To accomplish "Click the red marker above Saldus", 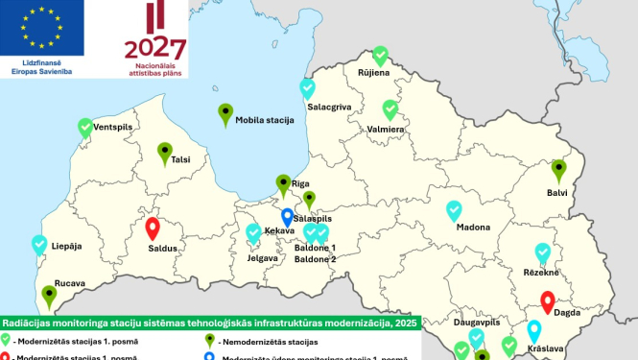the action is [x=153, y=229].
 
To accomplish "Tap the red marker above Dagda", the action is [x=548, y=302].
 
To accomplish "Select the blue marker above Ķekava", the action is [x=287, y=218].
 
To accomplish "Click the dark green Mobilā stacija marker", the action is [x=225, y=114].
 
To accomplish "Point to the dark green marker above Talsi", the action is [x=165, y=153].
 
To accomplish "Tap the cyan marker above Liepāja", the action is [x=39, y=245].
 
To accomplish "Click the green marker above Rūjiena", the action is [x=380, y=56].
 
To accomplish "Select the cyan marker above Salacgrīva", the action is [x=307, y=89].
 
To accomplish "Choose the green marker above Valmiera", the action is [x=390, y=110].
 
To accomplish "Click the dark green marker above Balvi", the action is [x=558, y=171].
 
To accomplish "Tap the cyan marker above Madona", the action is [x=454, y=210].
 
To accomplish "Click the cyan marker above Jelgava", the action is [x=254, y=233].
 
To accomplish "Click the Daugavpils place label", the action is [x=477, y=322].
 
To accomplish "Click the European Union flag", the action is [x=42, y=26].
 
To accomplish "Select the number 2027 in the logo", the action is [x=155, y=47].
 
